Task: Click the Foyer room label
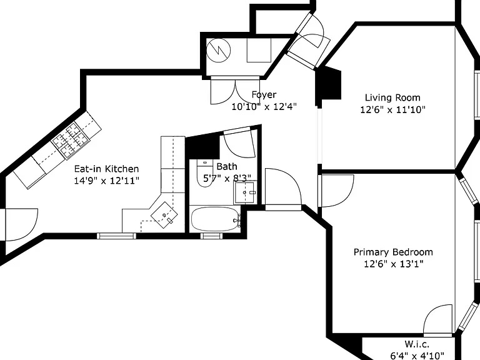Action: tap(264, 94)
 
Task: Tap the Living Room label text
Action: tap(392, 97)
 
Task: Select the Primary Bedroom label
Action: tap(393, 252)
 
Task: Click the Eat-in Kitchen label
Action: tap(106, 169)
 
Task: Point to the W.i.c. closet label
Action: tap(417, 344)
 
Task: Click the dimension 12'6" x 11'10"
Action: tap(392, 109)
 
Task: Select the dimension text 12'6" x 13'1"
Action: tap(393, 264)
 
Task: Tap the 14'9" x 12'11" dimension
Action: tap(106, 180)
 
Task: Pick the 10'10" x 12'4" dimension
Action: tap(264, 106)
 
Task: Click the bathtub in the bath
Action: tap(214, 219)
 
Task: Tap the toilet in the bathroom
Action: tap(205, 173)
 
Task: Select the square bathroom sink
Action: tap(244, 192)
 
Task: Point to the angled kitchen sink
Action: tap(164, 215)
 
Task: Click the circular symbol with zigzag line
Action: tap(218, 51)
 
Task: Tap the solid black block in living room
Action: tap(329, 83)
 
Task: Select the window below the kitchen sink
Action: tap(116, 236)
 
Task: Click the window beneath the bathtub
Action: tap(211, 236)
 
